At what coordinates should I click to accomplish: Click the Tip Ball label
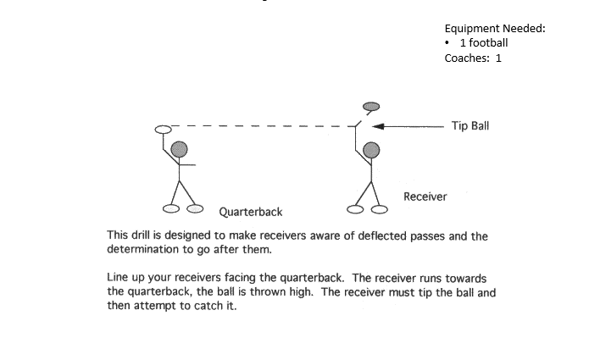pyautogui.click(x=470, y=126)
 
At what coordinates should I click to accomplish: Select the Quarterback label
pyautogui.click(x=251, y=211)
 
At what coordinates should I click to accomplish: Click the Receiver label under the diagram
pyautogui.click(x=425, y=197)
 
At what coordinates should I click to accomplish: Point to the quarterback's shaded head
pyautogui.click(x=180, y=150)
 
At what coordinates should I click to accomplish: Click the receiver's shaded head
pyautogui.click(x=371, y=151)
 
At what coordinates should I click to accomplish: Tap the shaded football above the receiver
pyautogui.click(x=371, y=107)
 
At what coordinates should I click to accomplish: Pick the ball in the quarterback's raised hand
pyautogui.click(x=164, y=129)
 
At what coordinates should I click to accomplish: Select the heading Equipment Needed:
pyautogui.click(x=494, y=28)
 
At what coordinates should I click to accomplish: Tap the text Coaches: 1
pyautogui.click(x=473, y=58)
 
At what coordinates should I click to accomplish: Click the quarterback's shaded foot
pyautogui.click(x=196, y=208)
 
